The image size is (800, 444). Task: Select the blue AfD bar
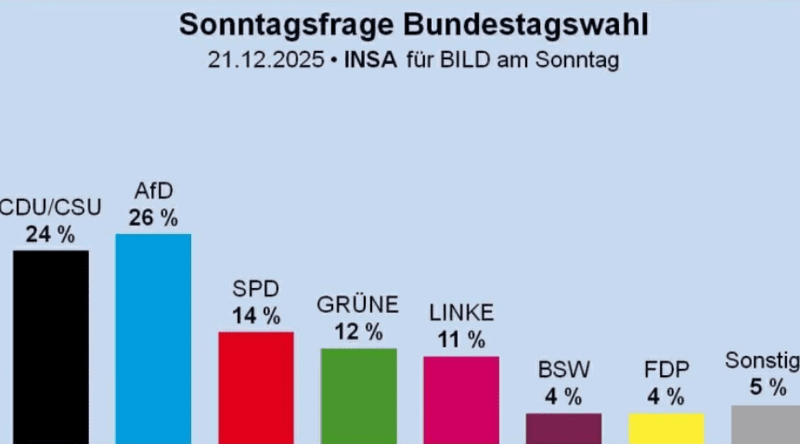tap(153, 338)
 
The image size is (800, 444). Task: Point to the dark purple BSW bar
tap(563, 428)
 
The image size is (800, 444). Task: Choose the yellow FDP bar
tap(666, 428)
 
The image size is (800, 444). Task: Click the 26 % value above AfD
tap(153, 218)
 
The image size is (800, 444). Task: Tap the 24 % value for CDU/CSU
tap(50, 235)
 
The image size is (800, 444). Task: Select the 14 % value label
tap(256, 316)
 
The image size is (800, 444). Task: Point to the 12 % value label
tap(358, 332)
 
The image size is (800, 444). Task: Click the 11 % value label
tap(461, 340)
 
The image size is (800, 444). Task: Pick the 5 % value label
tap(768, 387)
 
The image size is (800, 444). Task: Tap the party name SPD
tap(256, 289)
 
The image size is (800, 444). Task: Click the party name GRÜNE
tap(358, 305)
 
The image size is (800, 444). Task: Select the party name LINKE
tap(461, 313)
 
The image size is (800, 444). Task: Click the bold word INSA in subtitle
tap(370, 61)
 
